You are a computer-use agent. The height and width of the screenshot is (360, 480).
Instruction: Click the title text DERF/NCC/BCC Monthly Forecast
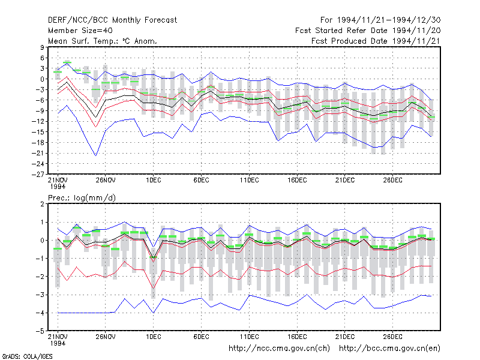click(112, 20)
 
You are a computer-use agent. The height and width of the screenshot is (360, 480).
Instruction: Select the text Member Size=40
click(80, 31)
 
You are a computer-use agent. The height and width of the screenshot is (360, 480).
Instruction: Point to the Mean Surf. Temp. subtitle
click(103, 41)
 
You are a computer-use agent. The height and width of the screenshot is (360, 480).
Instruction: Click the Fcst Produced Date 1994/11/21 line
click(376, 41)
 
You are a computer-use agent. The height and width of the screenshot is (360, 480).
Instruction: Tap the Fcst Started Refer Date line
click(368, 31)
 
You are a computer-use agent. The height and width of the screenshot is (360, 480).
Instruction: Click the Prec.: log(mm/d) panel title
click(82, 198)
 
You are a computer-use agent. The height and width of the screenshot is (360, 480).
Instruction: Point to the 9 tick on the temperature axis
click(42, 47)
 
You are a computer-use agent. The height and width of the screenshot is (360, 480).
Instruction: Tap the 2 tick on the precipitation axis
click(42, 204)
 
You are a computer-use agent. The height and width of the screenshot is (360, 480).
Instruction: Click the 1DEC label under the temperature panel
click(154, 181)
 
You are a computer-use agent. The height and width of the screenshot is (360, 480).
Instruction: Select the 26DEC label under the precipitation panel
click(393, 337)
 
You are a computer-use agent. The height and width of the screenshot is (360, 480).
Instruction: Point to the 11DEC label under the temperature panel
click(249, 181)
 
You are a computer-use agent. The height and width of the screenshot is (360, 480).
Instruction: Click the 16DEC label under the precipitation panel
click(297, 337)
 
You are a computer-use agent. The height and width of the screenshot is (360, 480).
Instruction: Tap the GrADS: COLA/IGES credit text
click(27, 356)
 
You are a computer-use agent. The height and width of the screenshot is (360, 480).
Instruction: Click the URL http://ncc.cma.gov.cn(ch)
click(279, 349)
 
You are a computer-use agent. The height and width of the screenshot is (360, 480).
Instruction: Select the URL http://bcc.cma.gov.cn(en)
click(389, 349)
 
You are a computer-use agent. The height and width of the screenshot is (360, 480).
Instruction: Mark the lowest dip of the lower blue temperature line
click(96, 155)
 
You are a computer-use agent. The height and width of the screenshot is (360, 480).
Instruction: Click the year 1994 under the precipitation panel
click(58, 343)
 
